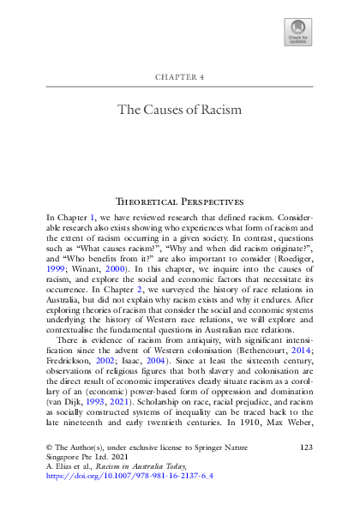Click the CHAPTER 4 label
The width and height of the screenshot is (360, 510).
pyautogui.click(x=179, y=76)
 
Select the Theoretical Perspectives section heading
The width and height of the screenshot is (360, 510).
pyautogui.click(x=179, y=201)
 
